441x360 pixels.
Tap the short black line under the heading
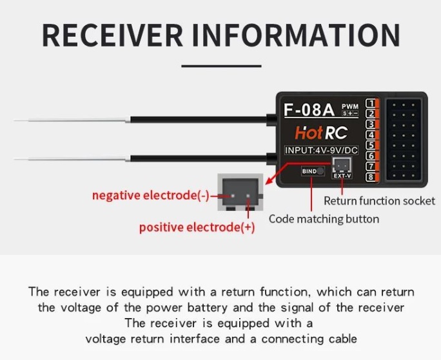[220, 65]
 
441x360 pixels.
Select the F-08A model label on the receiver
[309, 109]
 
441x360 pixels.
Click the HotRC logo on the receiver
[322, 133]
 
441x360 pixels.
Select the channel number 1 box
[371, 103]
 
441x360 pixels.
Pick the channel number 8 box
[371, 177]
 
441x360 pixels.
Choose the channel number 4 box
[371, 135]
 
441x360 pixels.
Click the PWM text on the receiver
[349, 106]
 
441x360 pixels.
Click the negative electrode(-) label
[150, 195]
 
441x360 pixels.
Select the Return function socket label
[379, 201]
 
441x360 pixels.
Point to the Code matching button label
[324, 219]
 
